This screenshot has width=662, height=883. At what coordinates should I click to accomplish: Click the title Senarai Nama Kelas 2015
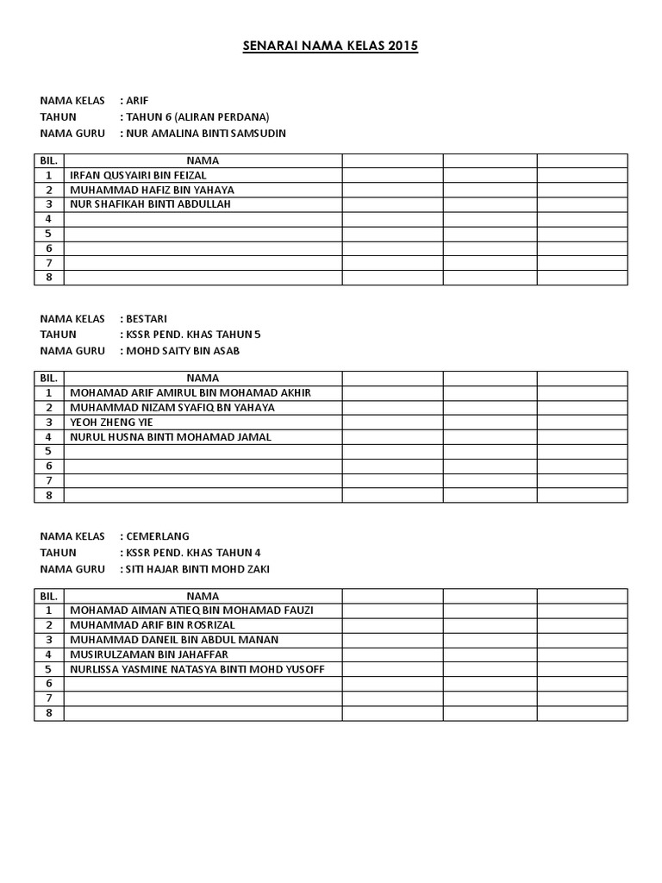[330, 46]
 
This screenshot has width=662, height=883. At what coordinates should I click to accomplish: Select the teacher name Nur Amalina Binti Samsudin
[207, 134]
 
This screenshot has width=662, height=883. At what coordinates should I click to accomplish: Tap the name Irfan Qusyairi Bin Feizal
[138, 175]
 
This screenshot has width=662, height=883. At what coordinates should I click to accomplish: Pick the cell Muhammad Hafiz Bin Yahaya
[152, 190]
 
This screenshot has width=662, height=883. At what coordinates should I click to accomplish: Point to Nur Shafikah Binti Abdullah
[151, 204]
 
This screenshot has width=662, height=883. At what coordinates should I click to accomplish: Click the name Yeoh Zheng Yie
[110, 422]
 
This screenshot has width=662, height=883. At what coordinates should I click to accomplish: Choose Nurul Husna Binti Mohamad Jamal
[171, 436]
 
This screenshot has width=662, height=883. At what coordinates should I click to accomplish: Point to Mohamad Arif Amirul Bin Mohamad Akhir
[190, 392]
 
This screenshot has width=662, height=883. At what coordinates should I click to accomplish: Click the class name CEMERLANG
[158, 535]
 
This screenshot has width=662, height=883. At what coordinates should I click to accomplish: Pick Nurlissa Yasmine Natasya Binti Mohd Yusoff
[198, 669]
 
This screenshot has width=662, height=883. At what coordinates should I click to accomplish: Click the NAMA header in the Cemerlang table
[203, 596]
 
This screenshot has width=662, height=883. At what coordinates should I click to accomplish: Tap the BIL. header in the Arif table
[49, 160]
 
